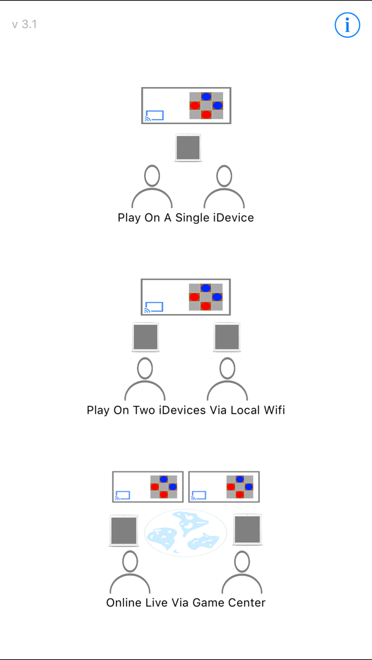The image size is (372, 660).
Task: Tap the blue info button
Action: (348, 25)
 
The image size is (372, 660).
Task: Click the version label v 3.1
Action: (24, 24)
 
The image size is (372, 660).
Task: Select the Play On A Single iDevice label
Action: (185, 218)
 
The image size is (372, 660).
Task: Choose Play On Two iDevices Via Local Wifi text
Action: (185, 410)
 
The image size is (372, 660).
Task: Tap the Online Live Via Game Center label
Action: (185, 603)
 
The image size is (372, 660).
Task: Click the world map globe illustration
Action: (185, 533)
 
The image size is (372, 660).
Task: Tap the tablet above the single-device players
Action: (188, 148)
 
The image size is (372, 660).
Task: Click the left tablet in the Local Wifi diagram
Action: (146, 337)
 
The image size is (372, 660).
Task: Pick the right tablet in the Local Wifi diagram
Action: (227, 337)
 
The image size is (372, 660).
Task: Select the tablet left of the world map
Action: (124, 530)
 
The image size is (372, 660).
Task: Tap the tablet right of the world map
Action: (248, 530)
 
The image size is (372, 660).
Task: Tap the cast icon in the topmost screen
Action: (155, 116)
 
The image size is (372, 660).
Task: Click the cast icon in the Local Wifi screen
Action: (154, 307)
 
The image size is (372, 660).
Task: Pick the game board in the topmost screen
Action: (206, 105)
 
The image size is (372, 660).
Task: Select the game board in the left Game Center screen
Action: (164, 487)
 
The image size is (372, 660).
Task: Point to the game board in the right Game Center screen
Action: (240, 487)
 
